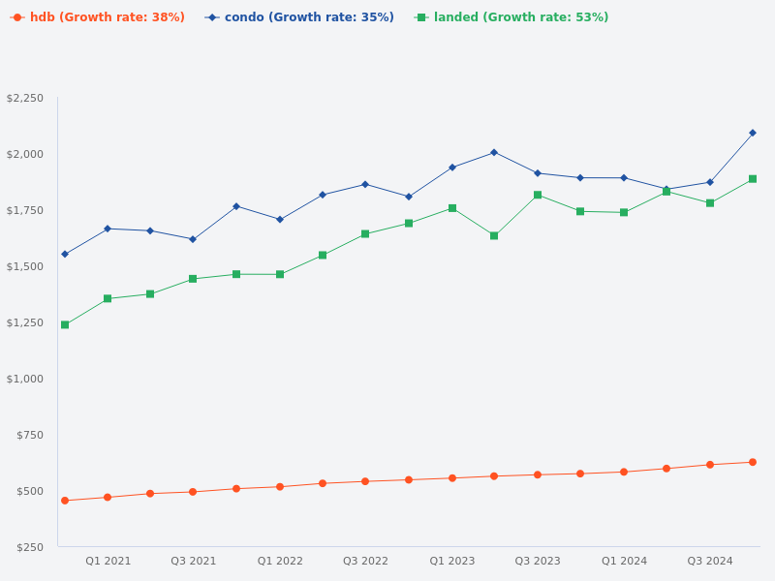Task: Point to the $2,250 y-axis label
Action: [x=25, y=99]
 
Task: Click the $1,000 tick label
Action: [x=25, y=379]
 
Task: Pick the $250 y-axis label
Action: [x=30, y=547]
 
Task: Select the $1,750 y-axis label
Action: [x=25, y=211]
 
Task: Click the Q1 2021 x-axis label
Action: [x=108, y=562]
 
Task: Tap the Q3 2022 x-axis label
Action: [x=365, y=562]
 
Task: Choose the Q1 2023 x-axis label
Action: [x=452, y=562]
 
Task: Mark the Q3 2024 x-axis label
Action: [x=710, y=562]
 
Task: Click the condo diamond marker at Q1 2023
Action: [x=452, y=168]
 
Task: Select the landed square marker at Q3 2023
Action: [x=538, y=195]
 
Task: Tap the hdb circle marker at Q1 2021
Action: [x=108, y=498]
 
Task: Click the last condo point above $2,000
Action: [x=753, y=133]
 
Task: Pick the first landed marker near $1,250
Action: [x=65, y=325]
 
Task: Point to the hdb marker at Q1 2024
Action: [x=624, y=473]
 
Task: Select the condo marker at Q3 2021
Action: [x=193, y=239]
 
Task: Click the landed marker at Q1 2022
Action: [x=280, y=274]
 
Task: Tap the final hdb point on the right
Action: [x=753, y=462]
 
